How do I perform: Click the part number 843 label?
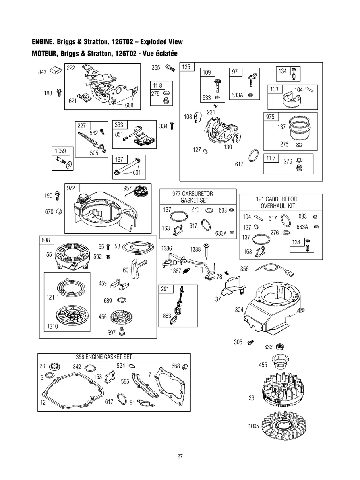[42, 72]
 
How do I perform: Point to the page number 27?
[180, 456]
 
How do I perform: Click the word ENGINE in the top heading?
[43, 42]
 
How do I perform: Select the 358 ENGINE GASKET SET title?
[104, 357]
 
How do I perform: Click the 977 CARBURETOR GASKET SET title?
[193, 197]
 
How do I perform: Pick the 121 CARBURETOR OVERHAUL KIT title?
[277, 203]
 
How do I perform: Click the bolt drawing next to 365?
[170, 68]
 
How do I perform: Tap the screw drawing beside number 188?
[59, 93]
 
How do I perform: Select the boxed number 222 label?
[71, 68]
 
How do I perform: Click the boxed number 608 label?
[46, 240]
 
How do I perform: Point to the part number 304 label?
[239, 310]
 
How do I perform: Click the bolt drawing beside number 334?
[172, 126]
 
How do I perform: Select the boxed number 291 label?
[165, 289]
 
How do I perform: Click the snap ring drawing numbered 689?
[122, 300]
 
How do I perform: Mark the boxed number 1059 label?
[60, 151]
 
